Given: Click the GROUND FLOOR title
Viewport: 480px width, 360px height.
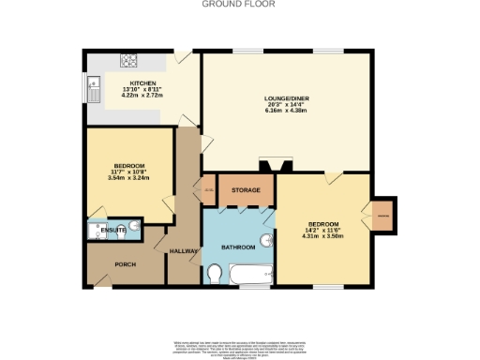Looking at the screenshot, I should point(240,4).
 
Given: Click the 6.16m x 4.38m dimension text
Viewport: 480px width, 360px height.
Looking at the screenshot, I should point(286,111).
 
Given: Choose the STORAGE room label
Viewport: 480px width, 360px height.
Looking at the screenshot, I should point(246,190).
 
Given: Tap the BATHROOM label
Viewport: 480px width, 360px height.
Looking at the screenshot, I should point(238,247).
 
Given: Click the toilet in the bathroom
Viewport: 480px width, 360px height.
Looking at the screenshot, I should point(216,273).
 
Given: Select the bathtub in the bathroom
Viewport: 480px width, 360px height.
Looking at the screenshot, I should point(250,277).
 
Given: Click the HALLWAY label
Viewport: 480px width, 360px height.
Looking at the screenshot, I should point(183,251).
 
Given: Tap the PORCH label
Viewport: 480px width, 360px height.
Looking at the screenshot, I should point(126,264).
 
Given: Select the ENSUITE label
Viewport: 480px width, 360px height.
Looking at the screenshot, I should point(114,229).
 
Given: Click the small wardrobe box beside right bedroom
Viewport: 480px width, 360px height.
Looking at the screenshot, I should point(382,217).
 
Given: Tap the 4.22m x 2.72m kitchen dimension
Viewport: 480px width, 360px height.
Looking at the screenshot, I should point(143,95).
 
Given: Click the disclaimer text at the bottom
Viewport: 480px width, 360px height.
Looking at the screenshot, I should point(240,345).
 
